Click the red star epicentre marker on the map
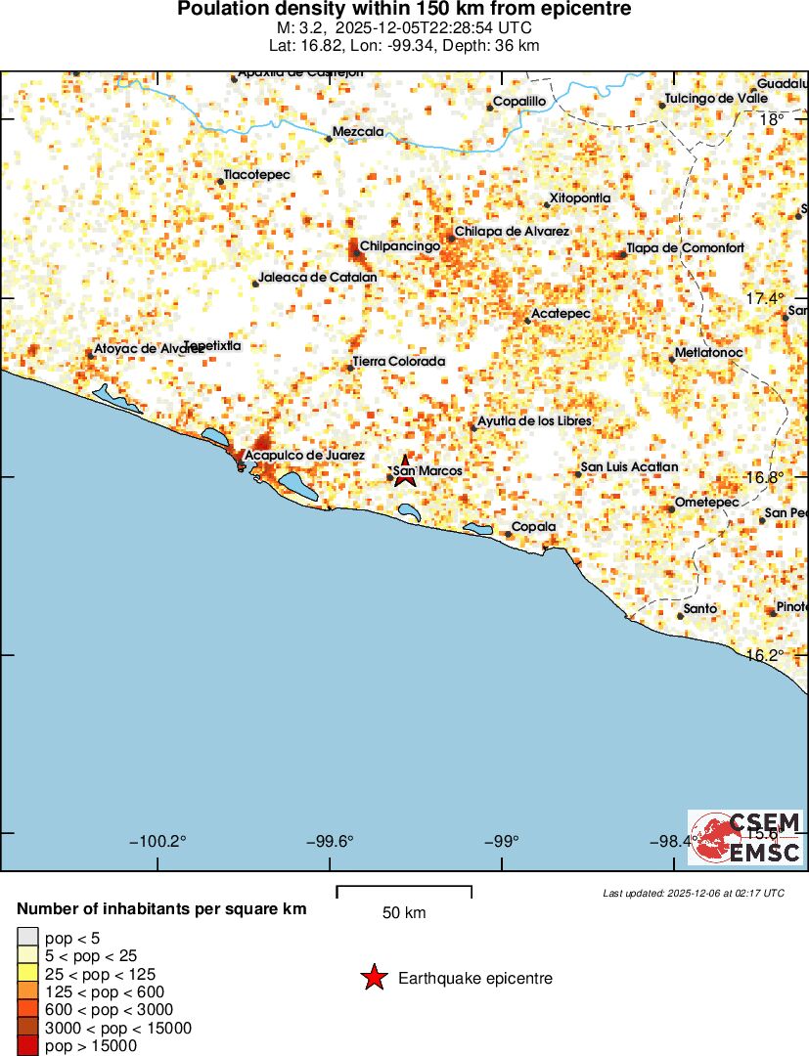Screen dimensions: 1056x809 (x=405, y=466)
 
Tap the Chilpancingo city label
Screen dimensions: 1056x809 (x=400, y=246)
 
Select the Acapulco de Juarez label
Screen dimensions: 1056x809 (x=304, y=456)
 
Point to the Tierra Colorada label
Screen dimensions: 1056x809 (x=398, y=362)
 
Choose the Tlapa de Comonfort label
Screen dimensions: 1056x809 (x=685, y=248)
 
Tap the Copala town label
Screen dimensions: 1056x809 (x=534, y=527)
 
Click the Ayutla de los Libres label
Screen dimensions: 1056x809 (x=534, y=421)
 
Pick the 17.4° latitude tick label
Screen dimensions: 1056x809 (x=764, y=298)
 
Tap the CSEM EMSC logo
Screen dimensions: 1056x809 (x=745, y=837)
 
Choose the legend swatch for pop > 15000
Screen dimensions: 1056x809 (x=28, y=1046)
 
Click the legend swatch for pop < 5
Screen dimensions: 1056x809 (x=28, y=936)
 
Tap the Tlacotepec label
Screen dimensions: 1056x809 (x=257, y=174)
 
